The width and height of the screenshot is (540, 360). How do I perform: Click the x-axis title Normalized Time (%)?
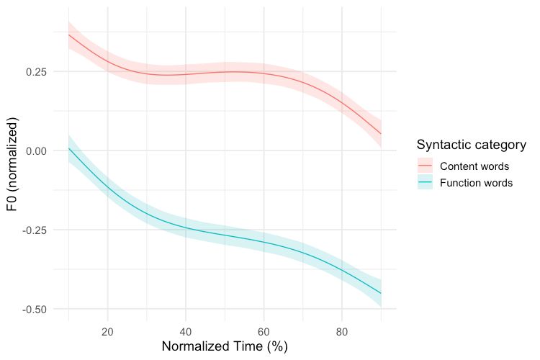click(x=225, y=346)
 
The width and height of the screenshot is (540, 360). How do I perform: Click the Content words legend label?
click(x=474, y=166)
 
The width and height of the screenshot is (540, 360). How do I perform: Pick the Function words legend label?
click(x=476, y=183)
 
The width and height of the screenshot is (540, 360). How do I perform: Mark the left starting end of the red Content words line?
click(x=68, y=35)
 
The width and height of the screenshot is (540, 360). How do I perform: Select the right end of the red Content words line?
click(x=381, y=133)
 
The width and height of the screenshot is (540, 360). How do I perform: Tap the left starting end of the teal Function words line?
click(x=68, y=148)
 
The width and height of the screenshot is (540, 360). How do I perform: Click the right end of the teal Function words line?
click(x=381, y=293)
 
